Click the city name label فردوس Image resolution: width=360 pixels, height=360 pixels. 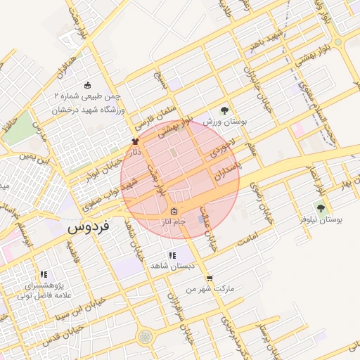click(89, 229)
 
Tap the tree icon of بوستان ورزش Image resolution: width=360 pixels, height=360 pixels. click(224, 110)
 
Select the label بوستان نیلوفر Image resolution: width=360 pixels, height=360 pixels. click(321, 220)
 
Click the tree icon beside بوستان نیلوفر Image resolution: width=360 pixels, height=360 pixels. click(321, 207)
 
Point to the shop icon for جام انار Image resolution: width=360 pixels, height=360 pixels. click(174, 211)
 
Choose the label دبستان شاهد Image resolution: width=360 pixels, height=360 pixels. click(167, 266)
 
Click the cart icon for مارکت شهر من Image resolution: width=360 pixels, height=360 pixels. click(210, 278)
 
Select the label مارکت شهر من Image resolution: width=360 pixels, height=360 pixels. click(210, 289)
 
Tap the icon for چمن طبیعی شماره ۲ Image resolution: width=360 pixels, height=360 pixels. click(88, 84)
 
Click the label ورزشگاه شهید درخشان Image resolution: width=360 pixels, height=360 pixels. click(89, 110)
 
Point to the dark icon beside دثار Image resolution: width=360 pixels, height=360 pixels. click(135, 141)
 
